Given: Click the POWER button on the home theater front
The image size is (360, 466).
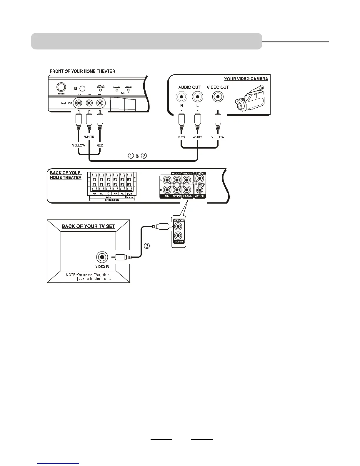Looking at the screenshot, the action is [61, 87].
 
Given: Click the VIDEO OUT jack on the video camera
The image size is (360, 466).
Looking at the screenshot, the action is [218, 96].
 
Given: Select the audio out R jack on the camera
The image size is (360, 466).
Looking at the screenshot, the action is [181, 96].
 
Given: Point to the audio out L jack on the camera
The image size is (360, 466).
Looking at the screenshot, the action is [197, 96].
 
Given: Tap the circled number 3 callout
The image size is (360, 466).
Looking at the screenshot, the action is [146, 246].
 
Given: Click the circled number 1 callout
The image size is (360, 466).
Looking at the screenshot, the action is [131, 156].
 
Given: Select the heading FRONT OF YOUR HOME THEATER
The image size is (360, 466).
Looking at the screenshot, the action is [82, 71].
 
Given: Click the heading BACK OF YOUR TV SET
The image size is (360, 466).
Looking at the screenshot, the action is [88, 226].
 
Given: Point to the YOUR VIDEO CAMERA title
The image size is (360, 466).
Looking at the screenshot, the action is [246, 79].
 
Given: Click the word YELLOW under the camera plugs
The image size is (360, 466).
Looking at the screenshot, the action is [218, 137].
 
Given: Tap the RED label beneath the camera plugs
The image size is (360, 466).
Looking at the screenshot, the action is [181, 137].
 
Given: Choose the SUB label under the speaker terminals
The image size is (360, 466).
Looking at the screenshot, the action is [129, 194].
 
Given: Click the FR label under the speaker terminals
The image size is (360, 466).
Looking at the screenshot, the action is [94, 194].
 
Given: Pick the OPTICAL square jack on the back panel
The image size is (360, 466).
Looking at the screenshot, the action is [200, 190].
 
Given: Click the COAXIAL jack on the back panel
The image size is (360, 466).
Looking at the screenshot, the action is [200, 179].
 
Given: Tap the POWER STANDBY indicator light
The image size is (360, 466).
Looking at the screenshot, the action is [101, 90].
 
